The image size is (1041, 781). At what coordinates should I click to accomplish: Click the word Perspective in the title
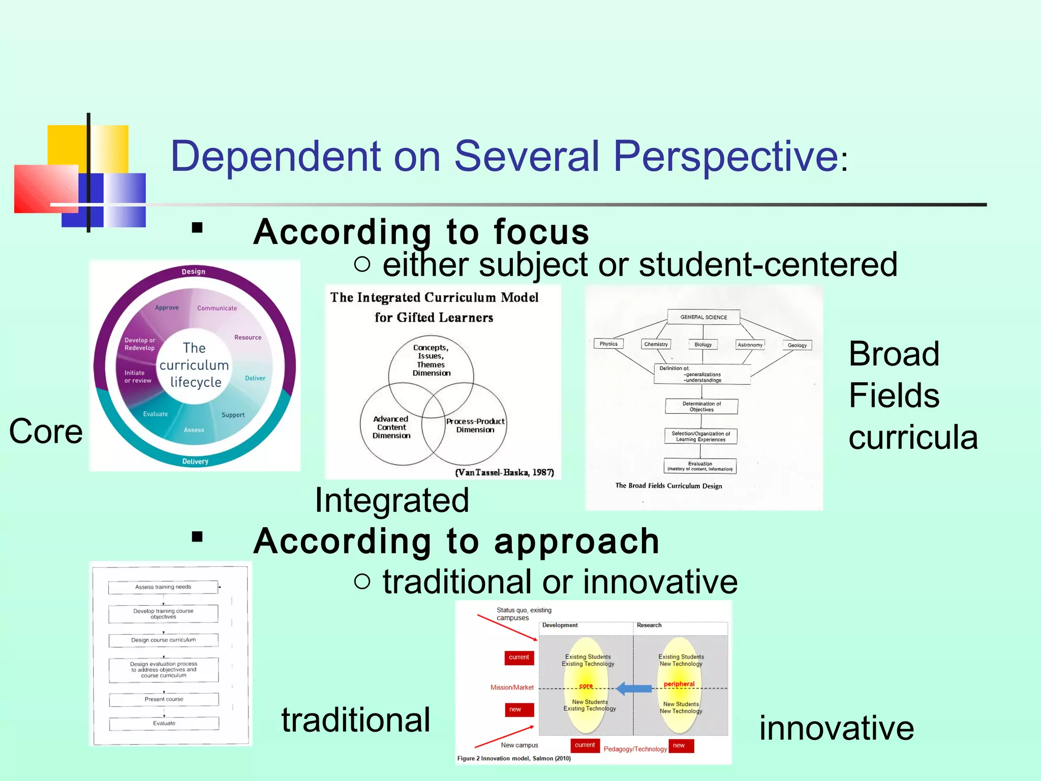[x=725, y=157]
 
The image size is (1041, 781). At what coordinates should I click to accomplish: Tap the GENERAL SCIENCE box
[x=703, y=317]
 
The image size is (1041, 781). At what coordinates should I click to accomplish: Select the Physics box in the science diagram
[x=608, y=344]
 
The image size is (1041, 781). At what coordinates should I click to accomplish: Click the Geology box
[x=797, y=345]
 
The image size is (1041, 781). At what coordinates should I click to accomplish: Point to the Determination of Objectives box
[x=701, y=406]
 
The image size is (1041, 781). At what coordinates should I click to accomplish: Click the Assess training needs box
[x=163, y=587]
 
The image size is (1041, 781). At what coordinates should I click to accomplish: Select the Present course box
[x=164, y=700]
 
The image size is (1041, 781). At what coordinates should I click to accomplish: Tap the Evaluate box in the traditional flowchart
[x=164, y=724]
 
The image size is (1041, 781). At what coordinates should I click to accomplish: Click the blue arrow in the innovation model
[x=634, y=689]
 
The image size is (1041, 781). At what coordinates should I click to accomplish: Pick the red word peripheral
[x=679, y=684]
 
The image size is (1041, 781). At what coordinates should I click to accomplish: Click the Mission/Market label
[x=511, y=687]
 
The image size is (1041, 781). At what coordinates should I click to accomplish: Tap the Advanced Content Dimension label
[x=391, y=427]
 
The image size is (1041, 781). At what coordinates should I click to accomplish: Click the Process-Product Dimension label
[x=475, y=426]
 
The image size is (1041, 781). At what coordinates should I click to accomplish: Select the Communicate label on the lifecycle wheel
[x=217, y=308]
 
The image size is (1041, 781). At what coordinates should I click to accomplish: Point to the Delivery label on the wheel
[x=195, y=462]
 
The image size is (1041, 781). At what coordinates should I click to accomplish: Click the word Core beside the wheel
[x=46, y=432]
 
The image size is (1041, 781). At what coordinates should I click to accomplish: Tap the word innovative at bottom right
[x=836, y=728]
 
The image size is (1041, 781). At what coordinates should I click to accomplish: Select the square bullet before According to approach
[x=197, y=537]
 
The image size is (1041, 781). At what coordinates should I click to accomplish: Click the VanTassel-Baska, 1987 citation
[x=504, y=472]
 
